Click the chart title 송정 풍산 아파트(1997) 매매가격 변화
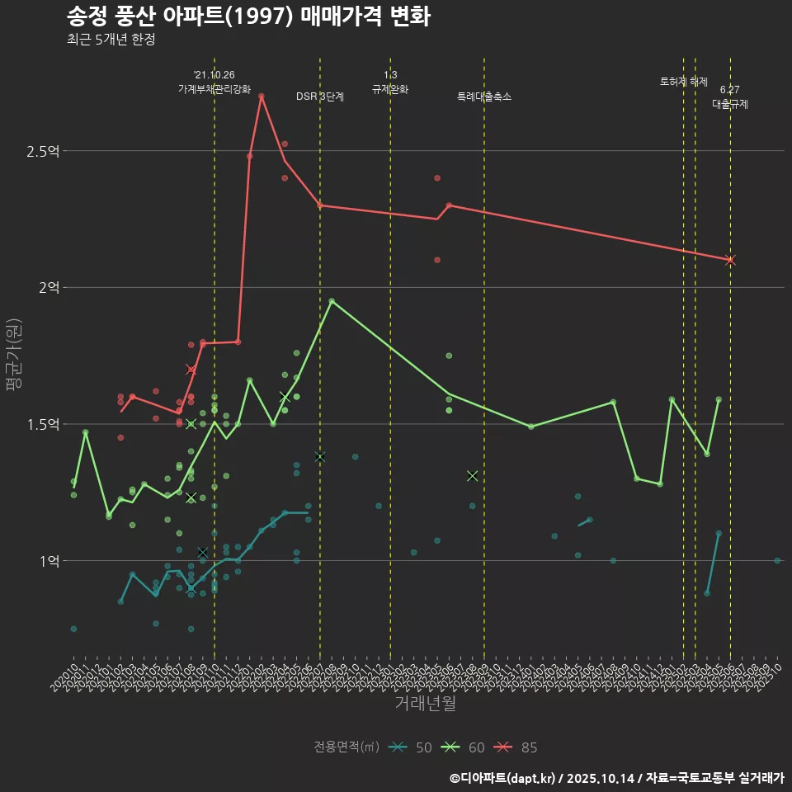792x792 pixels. click(247, 16)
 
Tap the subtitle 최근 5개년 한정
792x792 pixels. click(111, 39)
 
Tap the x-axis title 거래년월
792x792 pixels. click(425, 704)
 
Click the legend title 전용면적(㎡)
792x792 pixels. click(346, 747)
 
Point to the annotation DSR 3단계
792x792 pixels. click(320, 97)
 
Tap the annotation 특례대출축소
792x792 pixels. click(484, 97)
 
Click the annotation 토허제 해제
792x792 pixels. click(684, 82)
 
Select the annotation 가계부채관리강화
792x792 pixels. click(214, 89)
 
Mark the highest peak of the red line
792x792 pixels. click(262, 97)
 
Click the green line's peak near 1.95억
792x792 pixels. click(332, 301)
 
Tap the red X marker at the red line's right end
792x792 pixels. click(730, 260)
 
